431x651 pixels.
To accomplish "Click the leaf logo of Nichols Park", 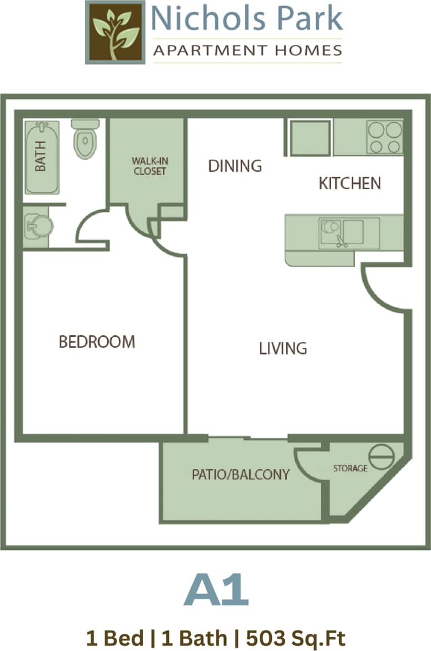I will (115, 32).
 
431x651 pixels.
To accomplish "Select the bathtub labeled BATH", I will (42, 157).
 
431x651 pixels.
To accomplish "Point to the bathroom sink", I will (39, 226).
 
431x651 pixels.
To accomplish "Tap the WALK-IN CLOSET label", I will (149, 166).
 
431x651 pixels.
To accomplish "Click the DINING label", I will (235, 166).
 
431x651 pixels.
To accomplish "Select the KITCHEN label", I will (349, 183).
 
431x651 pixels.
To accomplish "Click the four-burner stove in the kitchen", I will (384, 137).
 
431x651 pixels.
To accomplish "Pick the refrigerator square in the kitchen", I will (310, 137).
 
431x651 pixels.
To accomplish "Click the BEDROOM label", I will (97, 341).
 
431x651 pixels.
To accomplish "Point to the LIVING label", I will (283, 349).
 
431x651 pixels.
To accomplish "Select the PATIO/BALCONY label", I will (241, 474).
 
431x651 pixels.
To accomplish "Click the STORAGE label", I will (350, 468).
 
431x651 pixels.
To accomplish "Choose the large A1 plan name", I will (216, 591).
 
